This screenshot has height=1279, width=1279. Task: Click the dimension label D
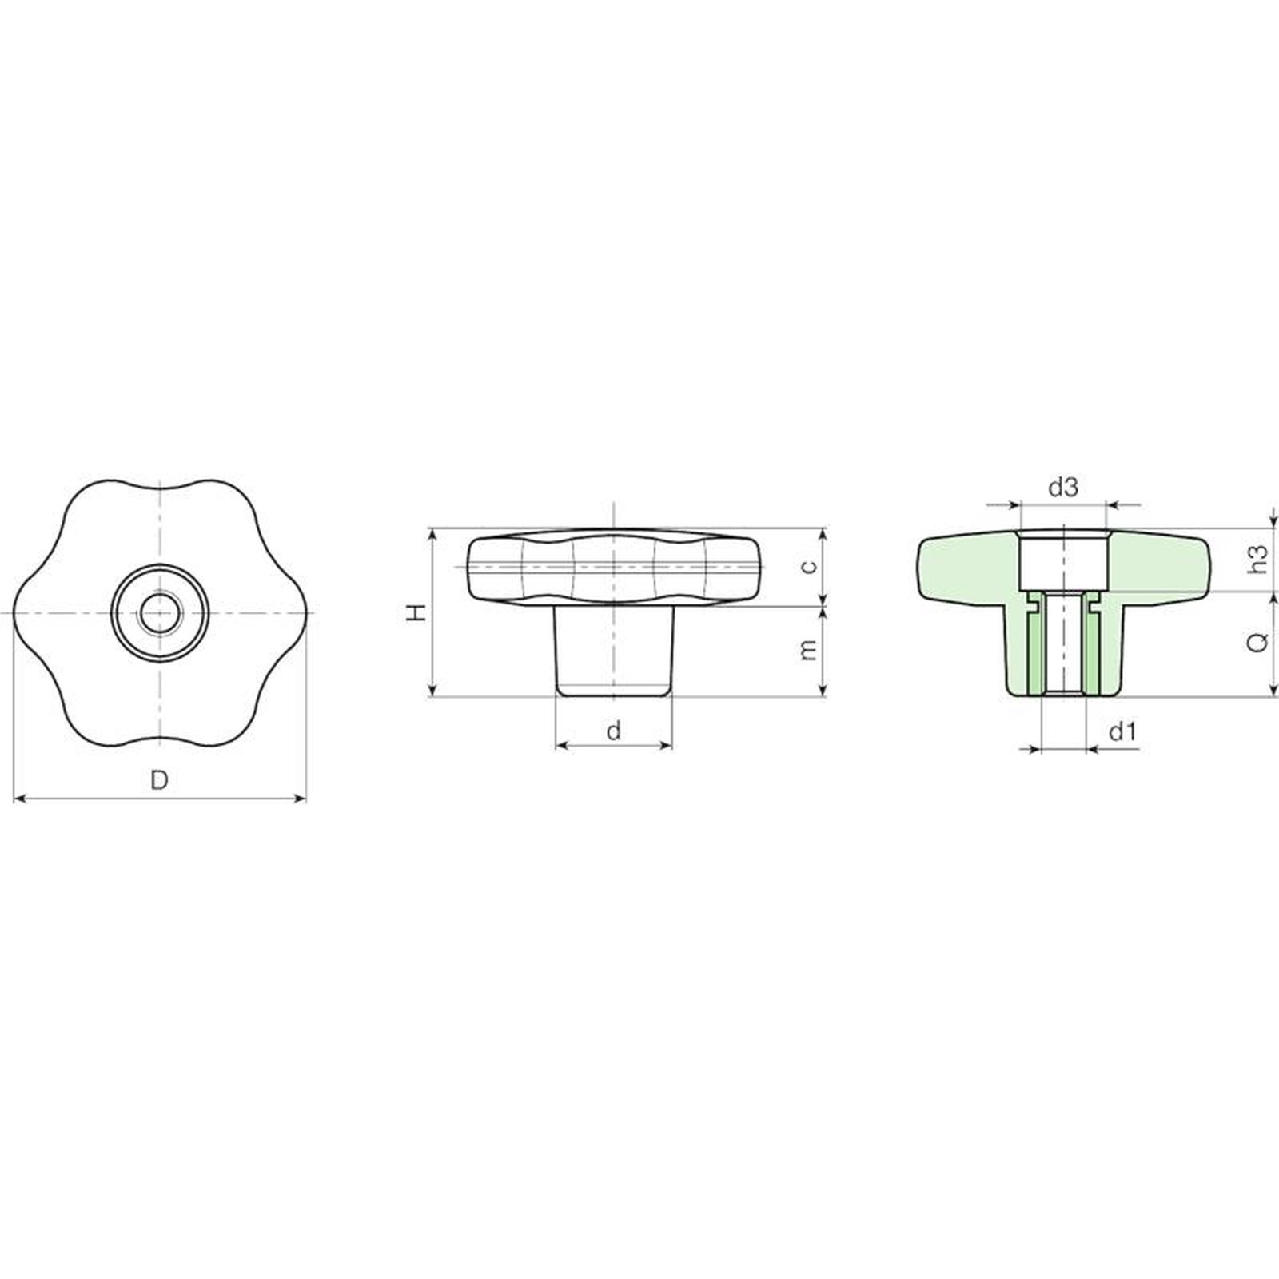coord(160,779)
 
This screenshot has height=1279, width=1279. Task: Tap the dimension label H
coord(416,613)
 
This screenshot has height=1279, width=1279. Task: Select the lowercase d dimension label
coord(614,731)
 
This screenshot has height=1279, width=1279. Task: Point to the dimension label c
coord(809,567)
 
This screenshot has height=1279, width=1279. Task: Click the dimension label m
coord(809,650)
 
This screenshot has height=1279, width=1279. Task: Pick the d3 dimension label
coord(1063,487)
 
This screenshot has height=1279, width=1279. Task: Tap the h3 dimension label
coord(1258,560)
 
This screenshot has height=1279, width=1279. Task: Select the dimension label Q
coord(1258,642)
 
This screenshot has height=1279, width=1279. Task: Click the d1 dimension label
coord(1122,731)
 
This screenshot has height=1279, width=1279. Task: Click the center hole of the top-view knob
coord(160,613)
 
